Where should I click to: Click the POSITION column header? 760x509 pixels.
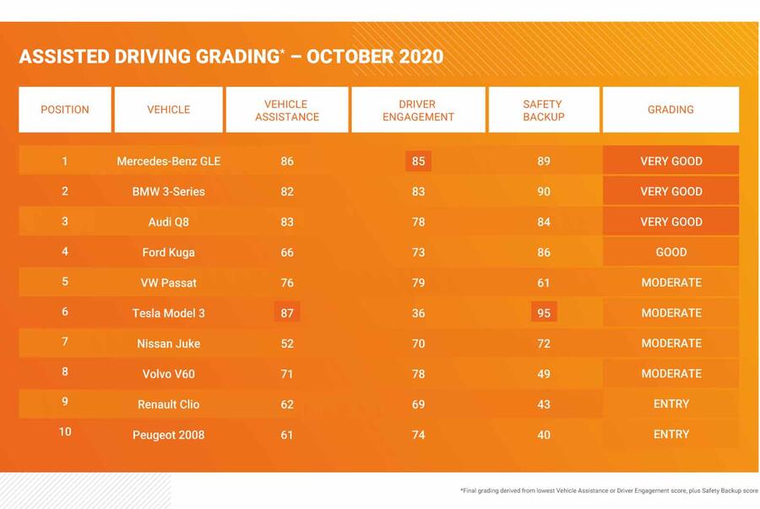65,110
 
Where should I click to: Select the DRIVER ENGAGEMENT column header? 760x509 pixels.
418,111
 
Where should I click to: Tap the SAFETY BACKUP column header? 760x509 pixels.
543,111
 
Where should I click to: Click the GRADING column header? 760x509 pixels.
670,110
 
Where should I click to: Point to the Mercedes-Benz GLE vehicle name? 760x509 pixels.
169,161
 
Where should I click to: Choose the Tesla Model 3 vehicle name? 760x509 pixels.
169,313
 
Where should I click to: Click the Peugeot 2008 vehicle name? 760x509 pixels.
169,435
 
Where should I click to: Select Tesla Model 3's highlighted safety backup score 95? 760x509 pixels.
544,313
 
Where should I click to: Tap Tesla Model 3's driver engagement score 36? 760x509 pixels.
418,313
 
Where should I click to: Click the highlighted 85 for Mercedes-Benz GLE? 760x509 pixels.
418,161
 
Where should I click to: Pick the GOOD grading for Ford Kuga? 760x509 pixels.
671,252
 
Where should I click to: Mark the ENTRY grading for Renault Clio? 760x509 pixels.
671,404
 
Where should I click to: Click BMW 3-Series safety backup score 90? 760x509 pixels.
544,192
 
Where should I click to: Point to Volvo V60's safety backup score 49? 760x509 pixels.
544,374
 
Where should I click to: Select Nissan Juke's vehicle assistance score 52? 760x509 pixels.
287,344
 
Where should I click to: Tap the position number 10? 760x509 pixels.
65,432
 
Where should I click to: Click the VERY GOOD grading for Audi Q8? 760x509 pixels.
671,222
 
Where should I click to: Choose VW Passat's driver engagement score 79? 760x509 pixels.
418,283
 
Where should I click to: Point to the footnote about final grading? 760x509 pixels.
608,490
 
